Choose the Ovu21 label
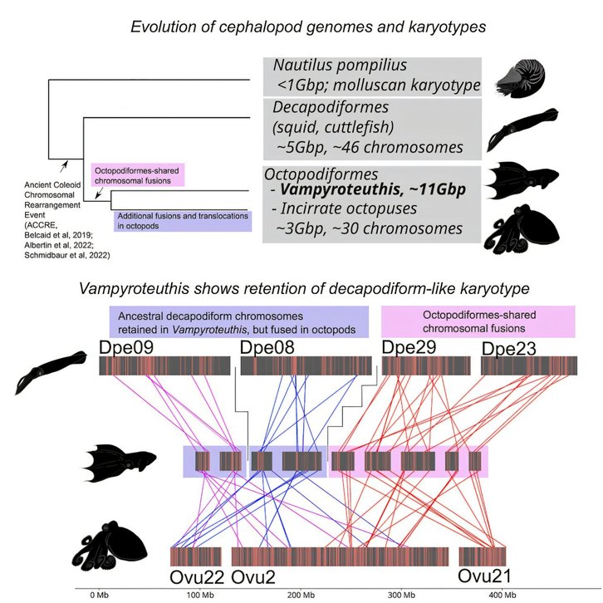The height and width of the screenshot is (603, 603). tap(485, 576)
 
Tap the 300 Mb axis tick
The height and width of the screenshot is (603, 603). tap(401, 595)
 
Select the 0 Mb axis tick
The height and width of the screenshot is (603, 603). tap(98, 595)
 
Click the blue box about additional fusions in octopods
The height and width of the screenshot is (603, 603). tap(182, 220)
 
